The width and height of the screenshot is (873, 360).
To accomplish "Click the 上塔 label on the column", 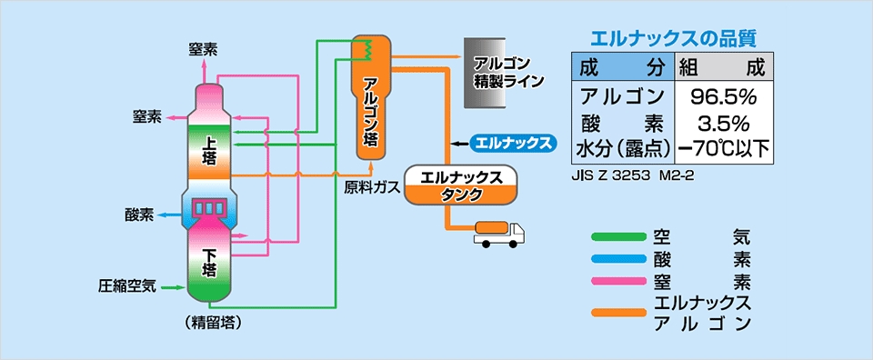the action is (209, 152).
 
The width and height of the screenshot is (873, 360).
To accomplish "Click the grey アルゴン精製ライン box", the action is (486, 73).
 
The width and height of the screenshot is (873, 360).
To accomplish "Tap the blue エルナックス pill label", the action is (513, 143).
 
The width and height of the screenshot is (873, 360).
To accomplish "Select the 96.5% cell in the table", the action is (723, 97).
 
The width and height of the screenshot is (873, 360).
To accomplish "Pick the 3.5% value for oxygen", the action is (723, 123).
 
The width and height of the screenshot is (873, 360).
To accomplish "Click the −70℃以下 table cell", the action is (723, 148).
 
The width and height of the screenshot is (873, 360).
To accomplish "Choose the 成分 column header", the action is (622, 68).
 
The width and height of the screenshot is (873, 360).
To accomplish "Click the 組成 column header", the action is (723, 68).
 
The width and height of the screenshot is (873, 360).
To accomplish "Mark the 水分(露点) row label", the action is (622, 148).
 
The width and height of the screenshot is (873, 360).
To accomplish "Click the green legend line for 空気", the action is (618, 237).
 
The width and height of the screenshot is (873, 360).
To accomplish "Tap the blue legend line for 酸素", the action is (618, 260).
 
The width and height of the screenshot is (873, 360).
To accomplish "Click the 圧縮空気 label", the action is (127, 287).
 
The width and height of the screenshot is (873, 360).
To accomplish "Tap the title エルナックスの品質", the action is (672, 39).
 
